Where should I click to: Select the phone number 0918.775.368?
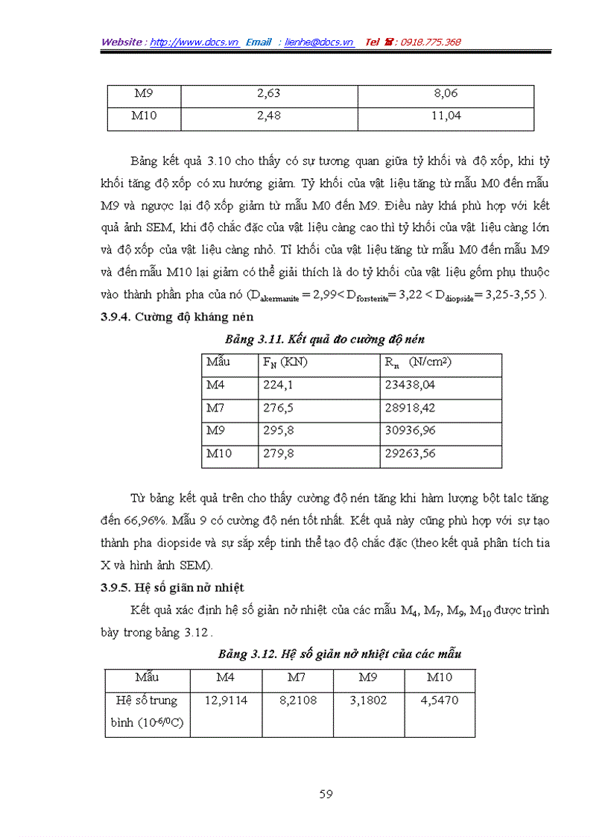tap(431, 42)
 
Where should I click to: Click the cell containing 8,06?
tap(446, 94)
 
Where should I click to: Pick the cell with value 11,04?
tap(446, 116)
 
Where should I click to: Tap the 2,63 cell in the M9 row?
tap(269, 94)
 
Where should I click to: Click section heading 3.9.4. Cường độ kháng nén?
tap(177, 317)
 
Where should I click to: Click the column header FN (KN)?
tap(286, 363)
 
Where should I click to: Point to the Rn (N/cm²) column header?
tap(418, 363)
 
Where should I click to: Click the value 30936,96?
tap(410, 431)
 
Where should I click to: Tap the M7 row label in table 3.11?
tap(216, 408)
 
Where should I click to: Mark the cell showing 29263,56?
tap(410, 453)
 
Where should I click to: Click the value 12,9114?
tap(226, 701)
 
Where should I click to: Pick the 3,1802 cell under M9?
tap(368, 701)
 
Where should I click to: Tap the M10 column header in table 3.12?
tap(440, 678)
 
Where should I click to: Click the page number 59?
tap(326, 794)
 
